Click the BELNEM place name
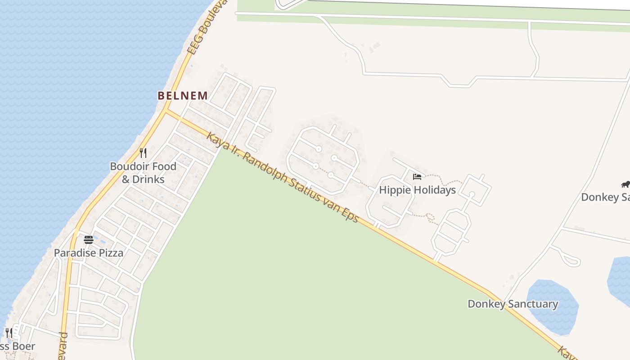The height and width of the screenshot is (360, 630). (183, 95)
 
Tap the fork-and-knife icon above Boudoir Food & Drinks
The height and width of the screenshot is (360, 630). (143, 153)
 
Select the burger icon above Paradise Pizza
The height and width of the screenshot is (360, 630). (88, 239)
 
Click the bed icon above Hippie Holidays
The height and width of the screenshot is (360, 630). (417, 177)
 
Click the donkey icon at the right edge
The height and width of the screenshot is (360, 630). (625, 184)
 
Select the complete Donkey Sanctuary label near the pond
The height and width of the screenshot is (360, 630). (513, 304)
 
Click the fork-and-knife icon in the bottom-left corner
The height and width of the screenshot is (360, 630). (8, 333)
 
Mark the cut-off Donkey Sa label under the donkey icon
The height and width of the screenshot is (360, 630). (605, 197)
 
